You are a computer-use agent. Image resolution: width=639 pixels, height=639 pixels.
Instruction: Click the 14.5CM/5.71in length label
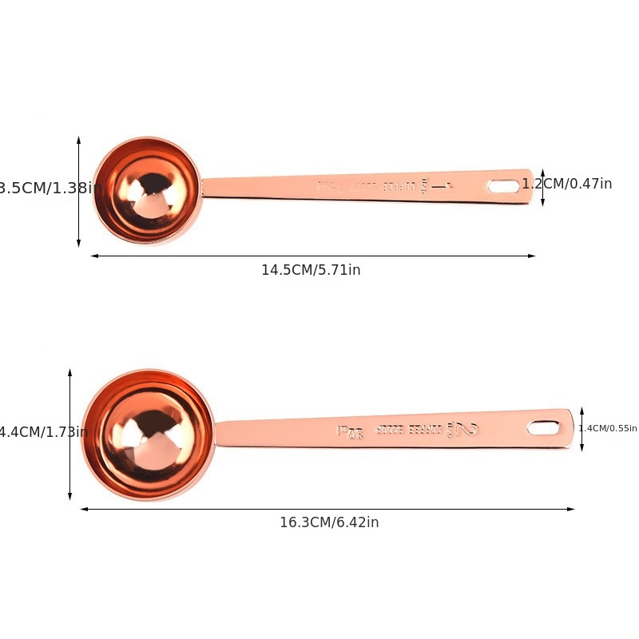point(311,270)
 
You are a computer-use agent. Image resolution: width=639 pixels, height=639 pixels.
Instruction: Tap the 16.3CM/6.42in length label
point(329,522)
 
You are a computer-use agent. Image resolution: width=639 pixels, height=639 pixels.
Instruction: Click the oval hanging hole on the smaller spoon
point(503,186)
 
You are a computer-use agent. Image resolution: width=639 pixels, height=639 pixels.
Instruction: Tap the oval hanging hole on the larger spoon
point(543,428)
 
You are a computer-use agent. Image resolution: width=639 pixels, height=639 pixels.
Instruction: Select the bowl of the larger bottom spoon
point(148,435)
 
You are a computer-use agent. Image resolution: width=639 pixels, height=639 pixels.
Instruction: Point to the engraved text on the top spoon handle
point(383,186)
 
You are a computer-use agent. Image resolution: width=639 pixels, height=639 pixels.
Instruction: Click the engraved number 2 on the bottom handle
point(466,430)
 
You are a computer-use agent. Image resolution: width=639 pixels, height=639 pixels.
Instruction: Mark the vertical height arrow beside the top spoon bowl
point(78,192)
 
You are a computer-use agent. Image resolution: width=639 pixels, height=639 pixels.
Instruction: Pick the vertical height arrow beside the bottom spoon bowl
point(70,435)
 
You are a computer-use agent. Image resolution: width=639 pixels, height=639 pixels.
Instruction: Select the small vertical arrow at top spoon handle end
point(542,188)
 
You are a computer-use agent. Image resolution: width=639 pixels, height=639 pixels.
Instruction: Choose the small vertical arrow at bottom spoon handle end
point(581,429)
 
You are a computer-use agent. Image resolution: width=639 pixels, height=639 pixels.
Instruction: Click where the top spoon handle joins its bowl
point(204,189)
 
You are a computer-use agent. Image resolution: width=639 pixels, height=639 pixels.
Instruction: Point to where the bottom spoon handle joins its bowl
point(217,433)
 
